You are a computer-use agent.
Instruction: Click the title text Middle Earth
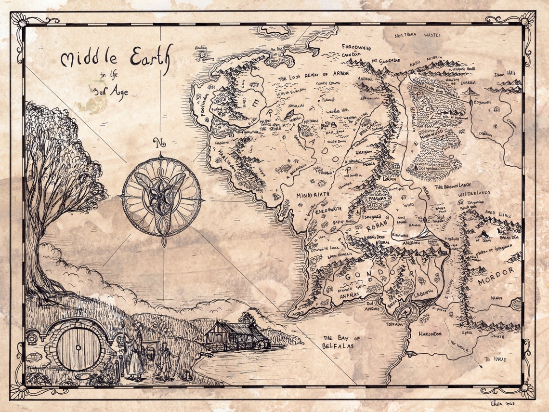[115, 60]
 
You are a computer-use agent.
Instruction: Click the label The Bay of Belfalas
[341, 342]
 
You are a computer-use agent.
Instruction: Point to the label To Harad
[496, 359]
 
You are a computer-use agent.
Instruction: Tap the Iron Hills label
[505, 74]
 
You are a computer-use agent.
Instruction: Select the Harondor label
[431, 333]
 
